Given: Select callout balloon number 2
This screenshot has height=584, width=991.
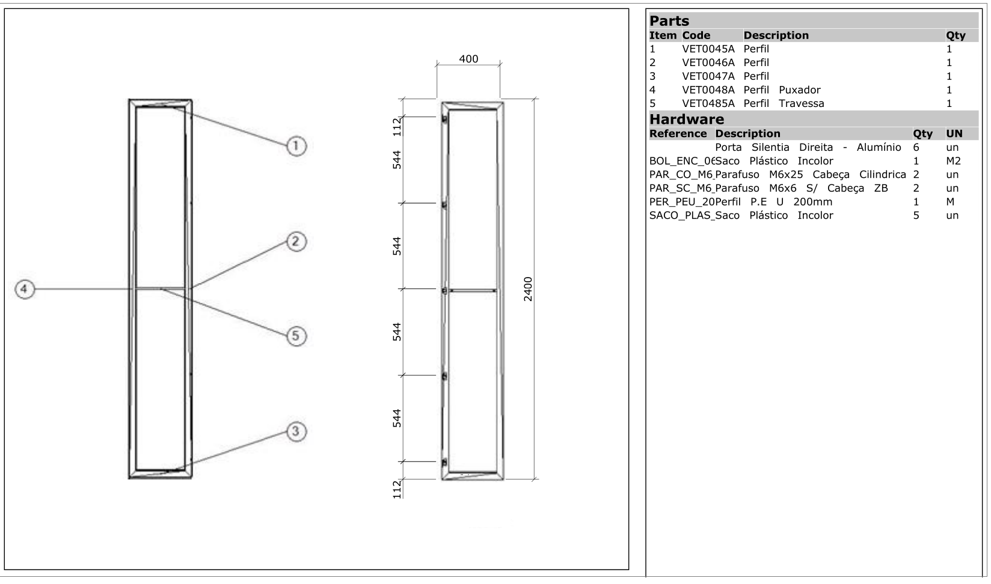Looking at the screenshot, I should [x=295, y=242].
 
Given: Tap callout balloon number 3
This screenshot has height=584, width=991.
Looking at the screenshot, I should [x=295, y=431].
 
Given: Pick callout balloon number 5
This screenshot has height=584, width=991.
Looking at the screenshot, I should [x=295, y=336].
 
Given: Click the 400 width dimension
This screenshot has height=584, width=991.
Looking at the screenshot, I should [x=468, y=59].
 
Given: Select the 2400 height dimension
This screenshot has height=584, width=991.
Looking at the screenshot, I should [x=527, y=289].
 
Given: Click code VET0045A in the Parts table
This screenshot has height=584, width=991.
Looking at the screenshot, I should [x=708, y=49].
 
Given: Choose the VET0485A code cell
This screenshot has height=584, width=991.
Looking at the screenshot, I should [x=708, y=103].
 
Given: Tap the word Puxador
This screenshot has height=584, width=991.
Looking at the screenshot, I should [x=799, y=90].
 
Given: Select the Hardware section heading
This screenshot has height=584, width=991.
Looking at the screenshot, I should [x=687, y=119].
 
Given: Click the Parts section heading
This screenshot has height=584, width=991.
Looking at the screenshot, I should [x=669, y=21].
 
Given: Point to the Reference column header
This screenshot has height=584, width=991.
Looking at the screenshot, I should [x=678, y=133].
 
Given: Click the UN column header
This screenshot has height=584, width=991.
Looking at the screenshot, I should [x=954, y=133].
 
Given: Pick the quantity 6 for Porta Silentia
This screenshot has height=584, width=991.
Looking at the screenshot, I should [x=916, y=147].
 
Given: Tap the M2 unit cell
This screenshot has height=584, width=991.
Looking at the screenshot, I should [x=953, y=161].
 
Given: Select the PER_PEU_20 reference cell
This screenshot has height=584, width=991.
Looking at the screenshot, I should [x=681, y=202].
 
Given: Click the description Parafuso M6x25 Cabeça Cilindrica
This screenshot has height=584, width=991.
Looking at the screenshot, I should [x=810, y=175].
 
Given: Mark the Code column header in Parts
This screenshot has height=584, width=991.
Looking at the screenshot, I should [x=696, y=35].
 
